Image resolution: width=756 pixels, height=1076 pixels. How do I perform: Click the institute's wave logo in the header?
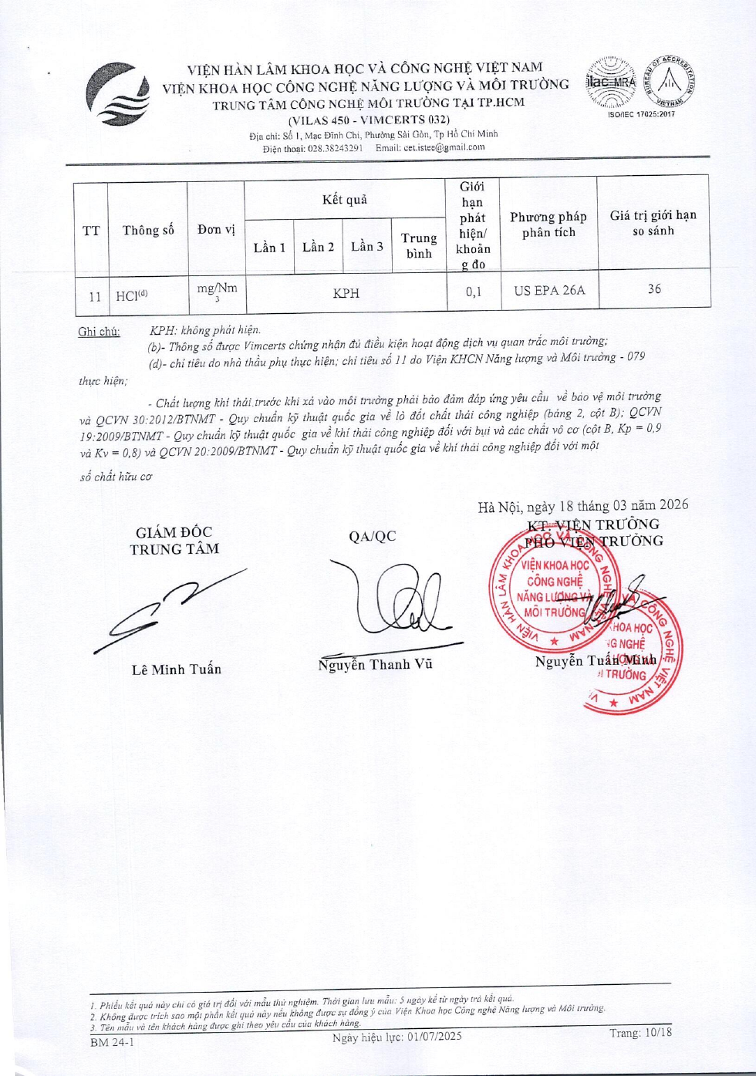117,95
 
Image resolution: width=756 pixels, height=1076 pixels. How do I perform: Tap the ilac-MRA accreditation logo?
610,83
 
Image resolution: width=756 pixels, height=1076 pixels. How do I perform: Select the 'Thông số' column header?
148,230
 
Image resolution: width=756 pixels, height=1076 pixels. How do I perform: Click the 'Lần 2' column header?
318,247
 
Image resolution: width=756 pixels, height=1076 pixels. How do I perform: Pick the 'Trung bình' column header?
419,245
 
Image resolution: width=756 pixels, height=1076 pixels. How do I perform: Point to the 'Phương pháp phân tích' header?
548,224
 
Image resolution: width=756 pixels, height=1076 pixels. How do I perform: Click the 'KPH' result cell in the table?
346,293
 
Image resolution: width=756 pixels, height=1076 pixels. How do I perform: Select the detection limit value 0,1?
473,292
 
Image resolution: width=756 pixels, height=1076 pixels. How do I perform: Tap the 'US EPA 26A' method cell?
549,291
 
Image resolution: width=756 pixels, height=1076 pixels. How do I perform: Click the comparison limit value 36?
654,288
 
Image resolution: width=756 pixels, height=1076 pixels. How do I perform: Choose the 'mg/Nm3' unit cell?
217,291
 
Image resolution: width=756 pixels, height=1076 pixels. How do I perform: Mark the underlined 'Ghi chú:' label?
99,332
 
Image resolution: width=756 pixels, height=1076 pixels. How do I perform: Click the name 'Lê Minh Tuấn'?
176,670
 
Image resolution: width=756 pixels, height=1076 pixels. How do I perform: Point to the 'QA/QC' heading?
372,536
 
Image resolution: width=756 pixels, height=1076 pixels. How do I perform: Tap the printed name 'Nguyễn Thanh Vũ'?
375,664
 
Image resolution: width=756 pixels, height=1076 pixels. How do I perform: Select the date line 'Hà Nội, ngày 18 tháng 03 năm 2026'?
582,506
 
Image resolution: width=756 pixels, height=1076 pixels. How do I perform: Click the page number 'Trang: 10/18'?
640,1033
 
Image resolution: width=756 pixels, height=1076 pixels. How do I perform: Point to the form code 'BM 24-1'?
112,1042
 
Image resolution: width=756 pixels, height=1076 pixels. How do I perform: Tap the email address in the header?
444,147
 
